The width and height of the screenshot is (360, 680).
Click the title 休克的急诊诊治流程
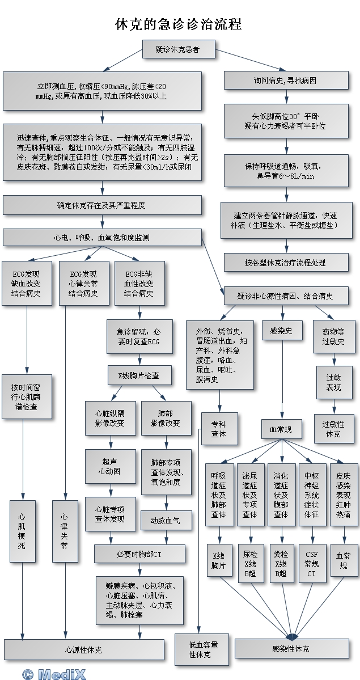pos(179,24)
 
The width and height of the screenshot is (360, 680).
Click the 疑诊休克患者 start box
pos(177,50)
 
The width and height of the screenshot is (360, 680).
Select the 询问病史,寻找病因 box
pos(285,81)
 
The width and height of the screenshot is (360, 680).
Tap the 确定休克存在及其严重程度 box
pos(102,205)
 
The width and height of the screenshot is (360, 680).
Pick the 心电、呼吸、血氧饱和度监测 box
pos(102,238)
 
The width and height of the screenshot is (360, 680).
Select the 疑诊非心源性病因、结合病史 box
pos(285,296)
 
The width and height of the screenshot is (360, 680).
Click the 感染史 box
pos(281,331)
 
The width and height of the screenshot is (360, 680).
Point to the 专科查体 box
pos(219,429)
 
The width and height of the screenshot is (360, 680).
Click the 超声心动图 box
pos(111,467)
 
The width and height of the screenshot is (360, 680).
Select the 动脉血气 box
pos(166,520)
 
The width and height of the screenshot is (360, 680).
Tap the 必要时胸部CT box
pos(139,554)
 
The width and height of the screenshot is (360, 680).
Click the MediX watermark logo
pos(54,674)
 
